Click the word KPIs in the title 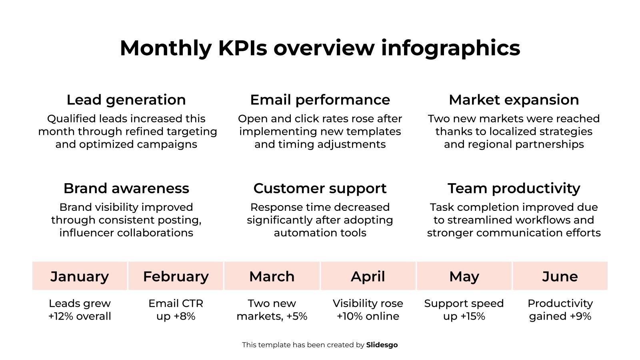242,48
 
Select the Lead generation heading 126,100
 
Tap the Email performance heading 320,100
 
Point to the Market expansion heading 514,100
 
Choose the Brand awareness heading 126,188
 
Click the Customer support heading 320,188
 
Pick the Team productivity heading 514,188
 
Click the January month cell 80,276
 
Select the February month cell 176,276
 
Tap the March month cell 272,276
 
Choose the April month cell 368,276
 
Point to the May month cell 464,276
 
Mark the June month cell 560,276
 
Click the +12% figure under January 62,316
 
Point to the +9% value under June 580,316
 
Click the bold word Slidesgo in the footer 382,345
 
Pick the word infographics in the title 450,48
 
